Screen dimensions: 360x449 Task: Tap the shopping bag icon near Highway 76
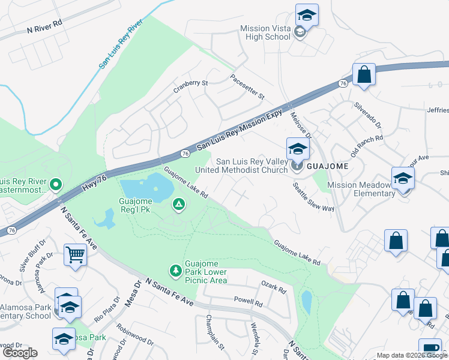(364, 75)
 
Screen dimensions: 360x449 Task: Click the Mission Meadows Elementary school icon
(403, 178)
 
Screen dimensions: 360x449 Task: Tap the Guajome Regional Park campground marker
(178, 205)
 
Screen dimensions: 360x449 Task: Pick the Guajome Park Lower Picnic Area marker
(175, 271)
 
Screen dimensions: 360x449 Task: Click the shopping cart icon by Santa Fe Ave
(76, 255)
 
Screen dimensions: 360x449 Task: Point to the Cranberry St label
(190, 86)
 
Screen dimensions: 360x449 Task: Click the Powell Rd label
(249, 303)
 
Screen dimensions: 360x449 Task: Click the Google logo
(20, 353)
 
